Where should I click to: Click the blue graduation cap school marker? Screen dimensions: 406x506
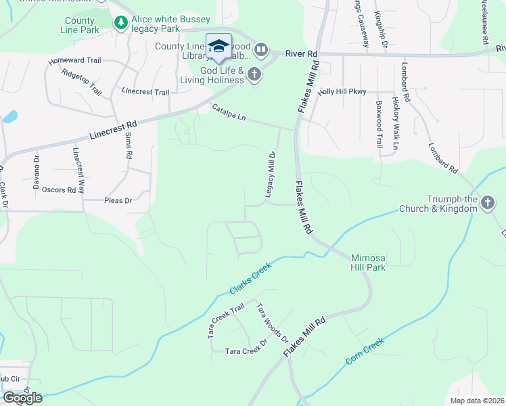tap(218, 46)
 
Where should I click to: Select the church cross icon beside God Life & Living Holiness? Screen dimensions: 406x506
tap(254, 74)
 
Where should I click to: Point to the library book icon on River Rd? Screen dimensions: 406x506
tap(262, 50)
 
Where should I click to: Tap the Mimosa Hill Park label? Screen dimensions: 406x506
tap(368, 263)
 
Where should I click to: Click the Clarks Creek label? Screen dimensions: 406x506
tap(250, 278)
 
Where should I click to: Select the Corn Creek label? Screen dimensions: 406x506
tap(365, 353)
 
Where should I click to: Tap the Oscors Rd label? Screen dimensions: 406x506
tap(59, 190)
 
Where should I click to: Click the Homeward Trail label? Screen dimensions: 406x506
tap(74, 60)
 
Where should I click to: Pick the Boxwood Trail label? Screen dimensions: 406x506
tap(379, 125)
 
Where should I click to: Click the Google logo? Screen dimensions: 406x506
tap(22, 397)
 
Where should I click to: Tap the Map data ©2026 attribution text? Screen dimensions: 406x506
tap(476, 401)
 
